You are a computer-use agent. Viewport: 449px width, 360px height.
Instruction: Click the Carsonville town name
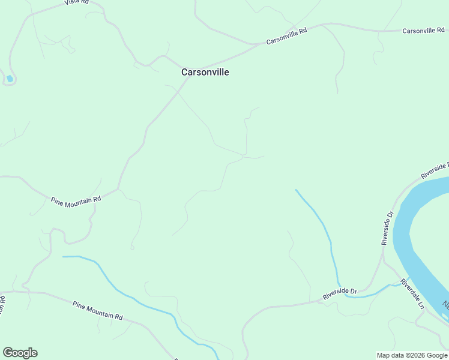(x=205, y=72)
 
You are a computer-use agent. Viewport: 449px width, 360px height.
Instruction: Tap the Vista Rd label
(x=76, y=2)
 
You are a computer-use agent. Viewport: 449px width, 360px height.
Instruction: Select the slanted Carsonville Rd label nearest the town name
(x=286, y=37)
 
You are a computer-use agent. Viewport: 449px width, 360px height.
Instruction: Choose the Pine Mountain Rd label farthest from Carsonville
(x=98, y=311)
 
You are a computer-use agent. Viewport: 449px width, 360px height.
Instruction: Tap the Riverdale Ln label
(x=413, y=293)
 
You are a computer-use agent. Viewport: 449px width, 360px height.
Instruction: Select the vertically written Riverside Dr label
(x=387, y=228)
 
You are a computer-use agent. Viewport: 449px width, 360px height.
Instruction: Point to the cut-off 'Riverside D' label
(x=435, y=170)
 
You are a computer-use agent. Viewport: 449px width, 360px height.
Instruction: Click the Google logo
(x=20, y=353)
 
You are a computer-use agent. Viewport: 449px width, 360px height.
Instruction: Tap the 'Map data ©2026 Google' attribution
(x=412, y=355)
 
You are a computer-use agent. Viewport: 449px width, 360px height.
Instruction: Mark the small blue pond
(x=10, y=79)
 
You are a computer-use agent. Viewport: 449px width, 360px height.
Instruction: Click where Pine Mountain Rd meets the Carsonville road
(x=119, y=190)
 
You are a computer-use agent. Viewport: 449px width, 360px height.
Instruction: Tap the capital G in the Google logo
(x=8, y=353)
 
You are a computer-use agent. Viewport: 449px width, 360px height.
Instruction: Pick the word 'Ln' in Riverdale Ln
(x=421, y=305)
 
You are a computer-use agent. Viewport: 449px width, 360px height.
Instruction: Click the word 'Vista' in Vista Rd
(x=72, y=2)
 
